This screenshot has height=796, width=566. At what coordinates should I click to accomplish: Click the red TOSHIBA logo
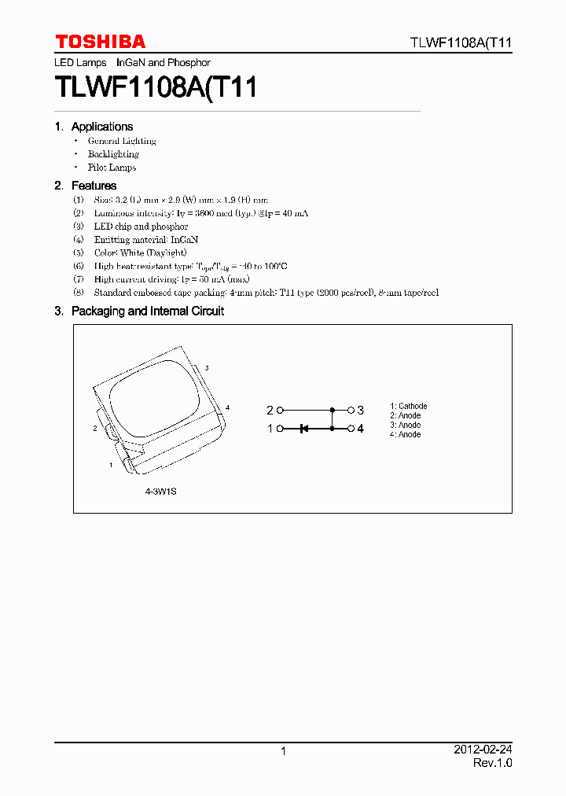coord(100,42)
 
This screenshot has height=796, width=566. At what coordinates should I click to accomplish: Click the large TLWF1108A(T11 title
coord(156,87)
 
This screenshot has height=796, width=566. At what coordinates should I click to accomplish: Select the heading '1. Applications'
coord(94,127)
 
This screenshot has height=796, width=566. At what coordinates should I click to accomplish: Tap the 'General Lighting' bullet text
coord(122,142)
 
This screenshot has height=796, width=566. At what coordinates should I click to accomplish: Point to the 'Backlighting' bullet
coord(113,154)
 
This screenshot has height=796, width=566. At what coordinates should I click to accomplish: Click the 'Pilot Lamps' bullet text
coord(112,168)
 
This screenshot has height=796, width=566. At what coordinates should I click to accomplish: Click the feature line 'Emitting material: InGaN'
coord(135,239)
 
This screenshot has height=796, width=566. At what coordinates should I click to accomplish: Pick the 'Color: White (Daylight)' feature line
coord(140,252)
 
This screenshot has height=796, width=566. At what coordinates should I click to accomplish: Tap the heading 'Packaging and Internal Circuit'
coord(147,311)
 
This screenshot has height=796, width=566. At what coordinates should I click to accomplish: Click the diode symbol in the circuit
coord(303,429)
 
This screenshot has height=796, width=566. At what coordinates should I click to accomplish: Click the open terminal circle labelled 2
coord(280,410)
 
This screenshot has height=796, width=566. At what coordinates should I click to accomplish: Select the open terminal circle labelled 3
coord(351,410)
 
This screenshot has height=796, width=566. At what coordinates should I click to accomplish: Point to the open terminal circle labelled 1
coord(280,429)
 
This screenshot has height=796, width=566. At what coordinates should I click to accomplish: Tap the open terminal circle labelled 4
coord(351,429)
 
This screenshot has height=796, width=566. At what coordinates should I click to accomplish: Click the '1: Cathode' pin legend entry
coord(409,407)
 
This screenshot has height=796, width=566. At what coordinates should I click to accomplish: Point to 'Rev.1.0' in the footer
coord(492,763)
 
